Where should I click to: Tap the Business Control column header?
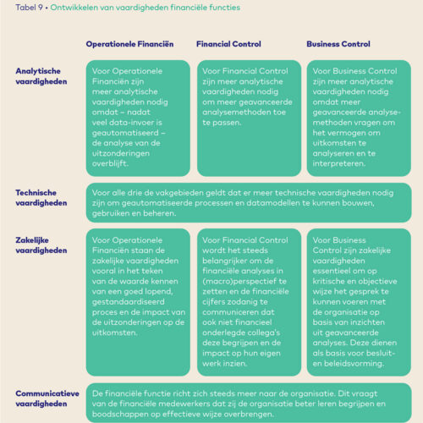click(338, 43)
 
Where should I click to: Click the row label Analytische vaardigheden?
click(40, 77)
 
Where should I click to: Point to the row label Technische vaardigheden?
click(40, 197)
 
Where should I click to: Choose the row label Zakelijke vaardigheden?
click(40, 244)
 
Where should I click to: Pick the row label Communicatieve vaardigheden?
click(47, 398)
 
